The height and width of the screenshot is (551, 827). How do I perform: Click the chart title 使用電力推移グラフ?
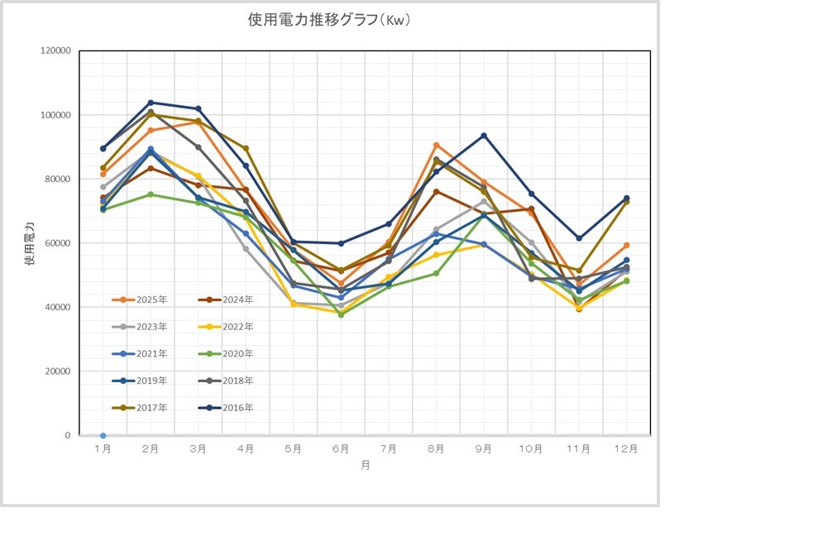pos(329,19)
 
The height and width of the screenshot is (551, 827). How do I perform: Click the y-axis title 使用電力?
pos(31,242)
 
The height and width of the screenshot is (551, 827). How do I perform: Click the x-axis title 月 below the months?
pos(365,466)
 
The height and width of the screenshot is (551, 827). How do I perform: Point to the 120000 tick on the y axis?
pos(56,50)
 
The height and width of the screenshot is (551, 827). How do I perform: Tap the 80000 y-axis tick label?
pos(59,179)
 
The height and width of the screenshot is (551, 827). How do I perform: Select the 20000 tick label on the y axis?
pos(59,371)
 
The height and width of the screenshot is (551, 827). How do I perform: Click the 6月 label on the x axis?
pos(341,449)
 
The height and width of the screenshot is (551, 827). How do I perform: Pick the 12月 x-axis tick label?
pos(626,449)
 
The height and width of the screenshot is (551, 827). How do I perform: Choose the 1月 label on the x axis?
pos(103,449)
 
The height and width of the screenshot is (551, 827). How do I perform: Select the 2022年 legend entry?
pos(238,327)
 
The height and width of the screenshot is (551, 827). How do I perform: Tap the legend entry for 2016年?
pos(238,408)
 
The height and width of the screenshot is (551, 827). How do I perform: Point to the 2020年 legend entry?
pos(238,353)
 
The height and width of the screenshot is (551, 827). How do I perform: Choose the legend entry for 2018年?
pos(238,381)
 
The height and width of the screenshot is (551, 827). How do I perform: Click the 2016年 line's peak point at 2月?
pos(151,103)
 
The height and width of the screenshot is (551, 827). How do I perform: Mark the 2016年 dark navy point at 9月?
pos(484,136)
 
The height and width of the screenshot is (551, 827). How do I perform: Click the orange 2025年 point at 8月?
pos(436,146)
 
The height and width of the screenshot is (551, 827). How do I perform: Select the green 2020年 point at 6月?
pos(341,314)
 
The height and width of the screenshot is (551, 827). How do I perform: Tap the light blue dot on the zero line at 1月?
pos(103,435)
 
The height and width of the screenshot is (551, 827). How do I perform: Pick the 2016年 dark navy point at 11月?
pos(579,238)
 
